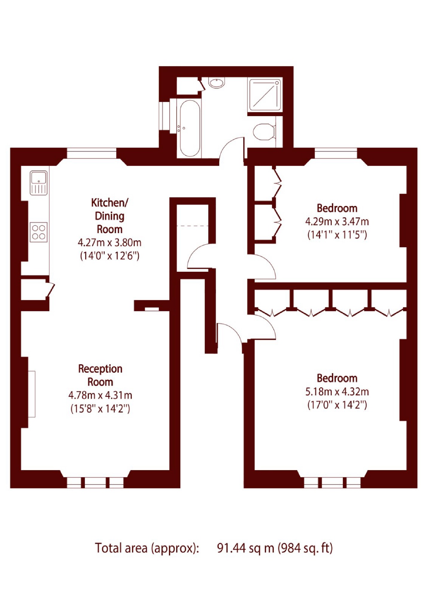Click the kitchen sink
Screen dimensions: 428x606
click(x=39, y=183)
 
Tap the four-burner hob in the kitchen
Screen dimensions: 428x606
click(x=39, y=232)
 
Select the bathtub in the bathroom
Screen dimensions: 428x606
click(x=190, y=128)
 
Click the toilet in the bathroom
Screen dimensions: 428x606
click(x=264, y=132)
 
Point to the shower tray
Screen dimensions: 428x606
click(x=265, y=94)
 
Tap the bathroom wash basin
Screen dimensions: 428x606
click(x=217, y=83)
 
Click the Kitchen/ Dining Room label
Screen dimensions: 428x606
click(x=109, y=216)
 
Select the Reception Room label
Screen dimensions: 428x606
click(x=100, y=375)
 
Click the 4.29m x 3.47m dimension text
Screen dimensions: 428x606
click(x=337, y=222)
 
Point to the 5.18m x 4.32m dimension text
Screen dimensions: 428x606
click(x=337, y=392)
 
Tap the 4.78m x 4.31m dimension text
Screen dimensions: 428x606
click(x=100, y=395)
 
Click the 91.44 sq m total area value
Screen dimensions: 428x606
click(x=246, y=548)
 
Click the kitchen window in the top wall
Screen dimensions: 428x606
click(x=91, y=153)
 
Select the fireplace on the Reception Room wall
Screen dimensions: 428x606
click(x=32, y=394)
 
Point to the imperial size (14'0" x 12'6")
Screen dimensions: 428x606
click(x=109, y=256)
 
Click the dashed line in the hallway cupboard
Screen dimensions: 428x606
click(x=192, y=226)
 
